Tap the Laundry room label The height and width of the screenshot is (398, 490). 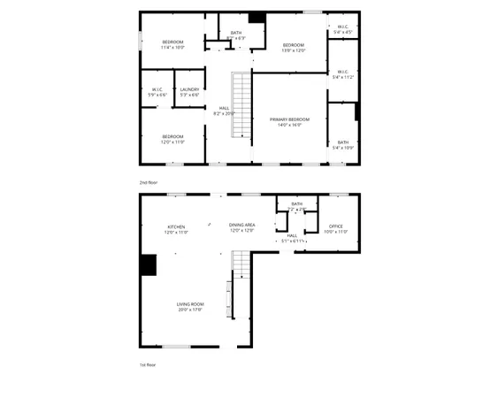(x=188, y=89)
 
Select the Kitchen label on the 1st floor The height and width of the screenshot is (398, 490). (x=176, y=226)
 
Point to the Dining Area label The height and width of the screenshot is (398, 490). (x=242, y=225)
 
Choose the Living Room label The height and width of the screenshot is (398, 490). (x=190, y=304)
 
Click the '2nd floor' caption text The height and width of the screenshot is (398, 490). (x=148, y=182)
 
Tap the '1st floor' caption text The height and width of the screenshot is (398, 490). (x=148, y=364)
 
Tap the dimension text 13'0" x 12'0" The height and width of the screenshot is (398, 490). (x=294, y=50)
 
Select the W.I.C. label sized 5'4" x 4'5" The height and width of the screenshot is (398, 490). (x=345, y=27)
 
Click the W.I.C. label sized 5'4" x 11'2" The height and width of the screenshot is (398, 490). (x=341, y=72)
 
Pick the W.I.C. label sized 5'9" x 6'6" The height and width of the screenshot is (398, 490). (x=157, y=89)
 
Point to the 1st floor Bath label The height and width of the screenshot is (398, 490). (x=296, y=204)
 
